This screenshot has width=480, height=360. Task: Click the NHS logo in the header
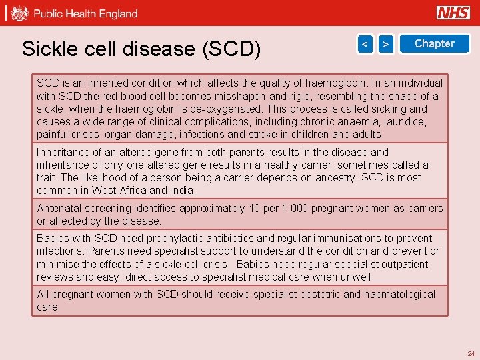[453, 13]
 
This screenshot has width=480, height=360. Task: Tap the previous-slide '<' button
[365, 44]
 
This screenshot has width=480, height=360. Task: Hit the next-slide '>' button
[385, 44]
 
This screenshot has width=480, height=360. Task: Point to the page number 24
[471, 354]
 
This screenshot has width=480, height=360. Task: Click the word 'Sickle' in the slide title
[45, 49]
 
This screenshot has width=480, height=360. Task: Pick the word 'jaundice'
[403, 122]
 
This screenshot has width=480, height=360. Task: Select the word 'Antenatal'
[60, 209]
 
